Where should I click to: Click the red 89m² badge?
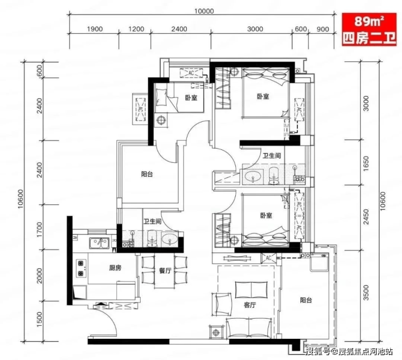click(369, 30)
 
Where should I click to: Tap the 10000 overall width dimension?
click(204, 11)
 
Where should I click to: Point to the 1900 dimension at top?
click(95, 29)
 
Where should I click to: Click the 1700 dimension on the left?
click(39, 229)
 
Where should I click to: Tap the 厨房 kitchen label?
click(115, 268)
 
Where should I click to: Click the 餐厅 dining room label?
click(165, 270)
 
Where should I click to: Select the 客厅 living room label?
click(249, 305)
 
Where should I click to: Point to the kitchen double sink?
click(99, 243)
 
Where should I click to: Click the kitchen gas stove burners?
click(81, 268)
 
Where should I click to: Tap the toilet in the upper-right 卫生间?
click(274, 175)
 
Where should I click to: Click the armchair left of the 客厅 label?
click(222, 304)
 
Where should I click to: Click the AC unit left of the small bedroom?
click(140, 109)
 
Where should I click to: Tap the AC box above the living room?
click(268, 258)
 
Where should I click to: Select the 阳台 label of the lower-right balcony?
click(306, 300)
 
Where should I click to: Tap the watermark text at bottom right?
click(349, 351)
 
